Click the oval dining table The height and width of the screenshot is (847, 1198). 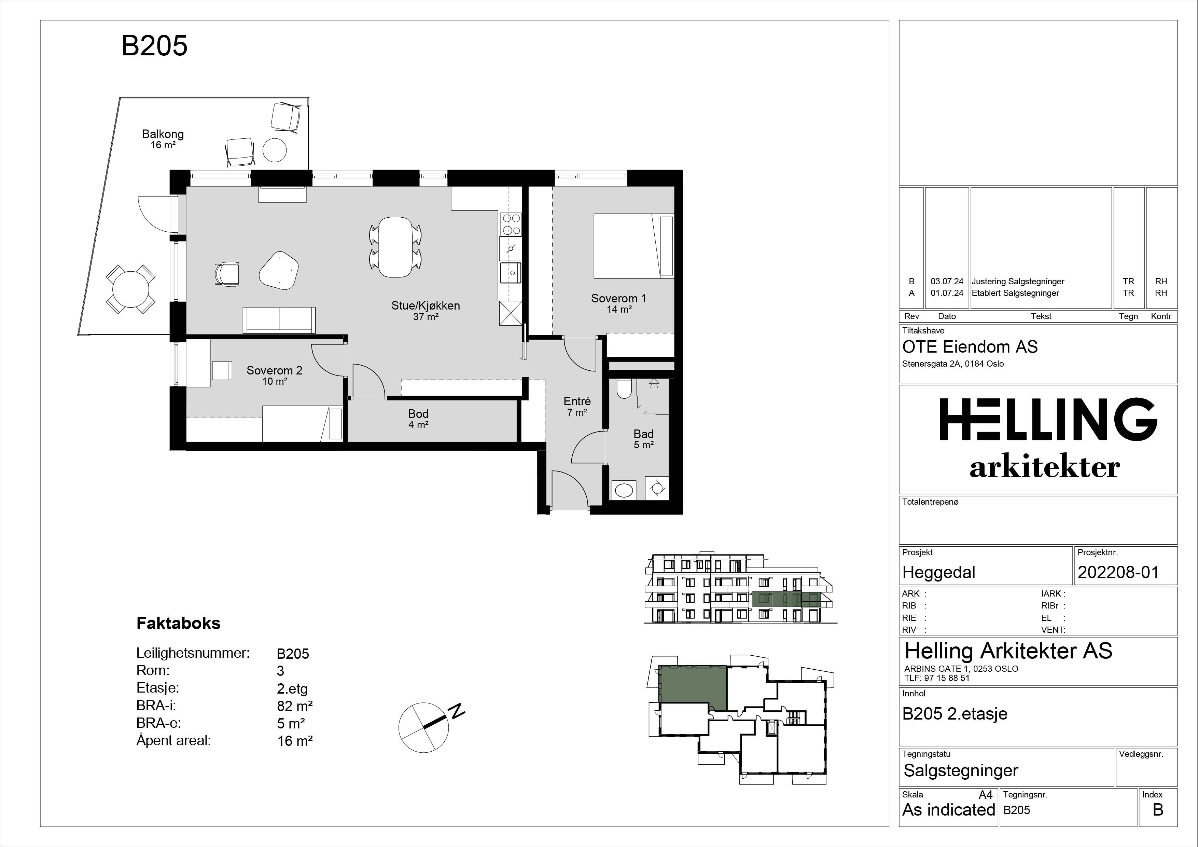(x=395, y=247)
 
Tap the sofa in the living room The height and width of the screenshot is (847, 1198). (x=279, y=319)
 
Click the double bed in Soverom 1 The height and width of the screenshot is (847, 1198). (x=633, y=246)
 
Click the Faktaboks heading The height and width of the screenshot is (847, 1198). (x=179, y=623)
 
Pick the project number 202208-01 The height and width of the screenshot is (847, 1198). (x=1118, y=572)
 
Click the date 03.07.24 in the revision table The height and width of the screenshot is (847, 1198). (x=947, y=281)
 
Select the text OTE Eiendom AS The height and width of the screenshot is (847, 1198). (x=970, y=347)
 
